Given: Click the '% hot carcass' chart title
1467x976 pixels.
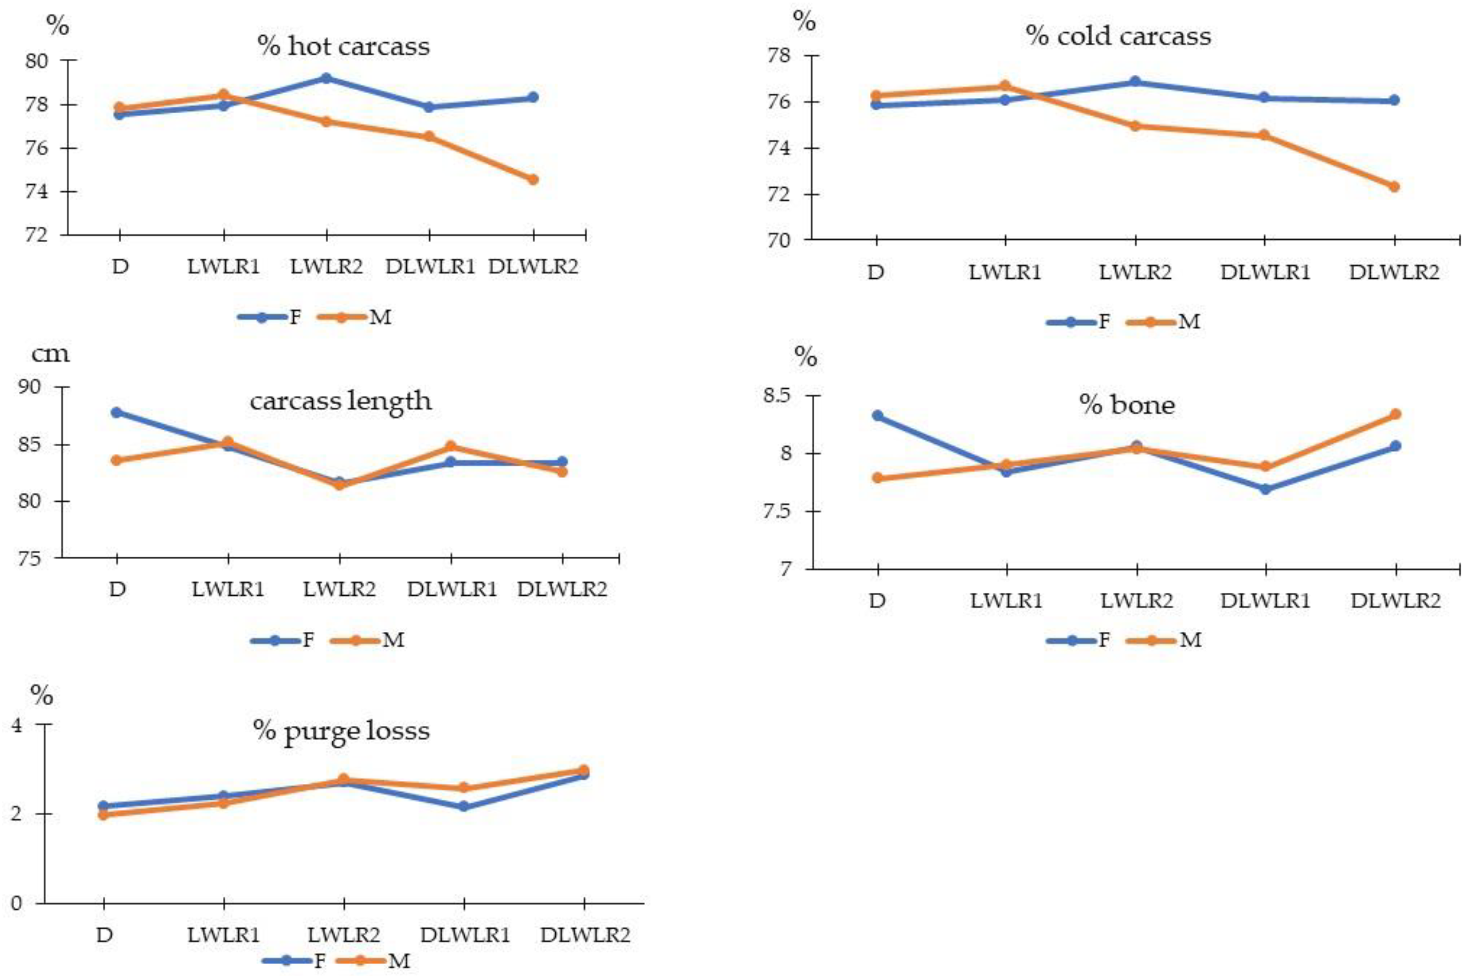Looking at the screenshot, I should (x=344, y=46).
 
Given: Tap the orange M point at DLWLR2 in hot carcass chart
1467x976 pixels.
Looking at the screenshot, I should (x=533, y=179).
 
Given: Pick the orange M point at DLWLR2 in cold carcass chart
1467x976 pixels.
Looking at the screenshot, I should (x=1394, y=187).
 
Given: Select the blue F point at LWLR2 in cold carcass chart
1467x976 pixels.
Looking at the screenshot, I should (x=1135, y=81).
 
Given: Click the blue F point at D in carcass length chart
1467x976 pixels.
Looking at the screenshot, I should (x=117, y=412).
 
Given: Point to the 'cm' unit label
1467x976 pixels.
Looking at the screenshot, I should (x=50, y=354).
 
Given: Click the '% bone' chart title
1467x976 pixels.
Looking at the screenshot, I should (x=1127, y=405).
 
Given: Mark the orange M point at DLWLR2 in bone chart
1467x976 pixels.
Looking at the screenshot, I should (x=1396, y=414).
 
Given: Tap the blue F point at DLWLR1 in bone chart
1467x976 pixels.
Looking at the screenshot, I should (x=1265, y=489).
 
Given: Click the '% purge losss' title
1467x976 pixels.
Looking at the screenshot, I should (x=341, y=730).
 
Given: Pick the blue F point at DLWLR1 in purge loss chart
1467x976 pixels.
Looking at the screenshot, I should (x=464, y=807).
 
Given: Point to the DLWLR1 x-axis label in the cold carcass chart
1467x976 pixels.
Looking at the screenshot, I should (x=1265, y=273).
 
